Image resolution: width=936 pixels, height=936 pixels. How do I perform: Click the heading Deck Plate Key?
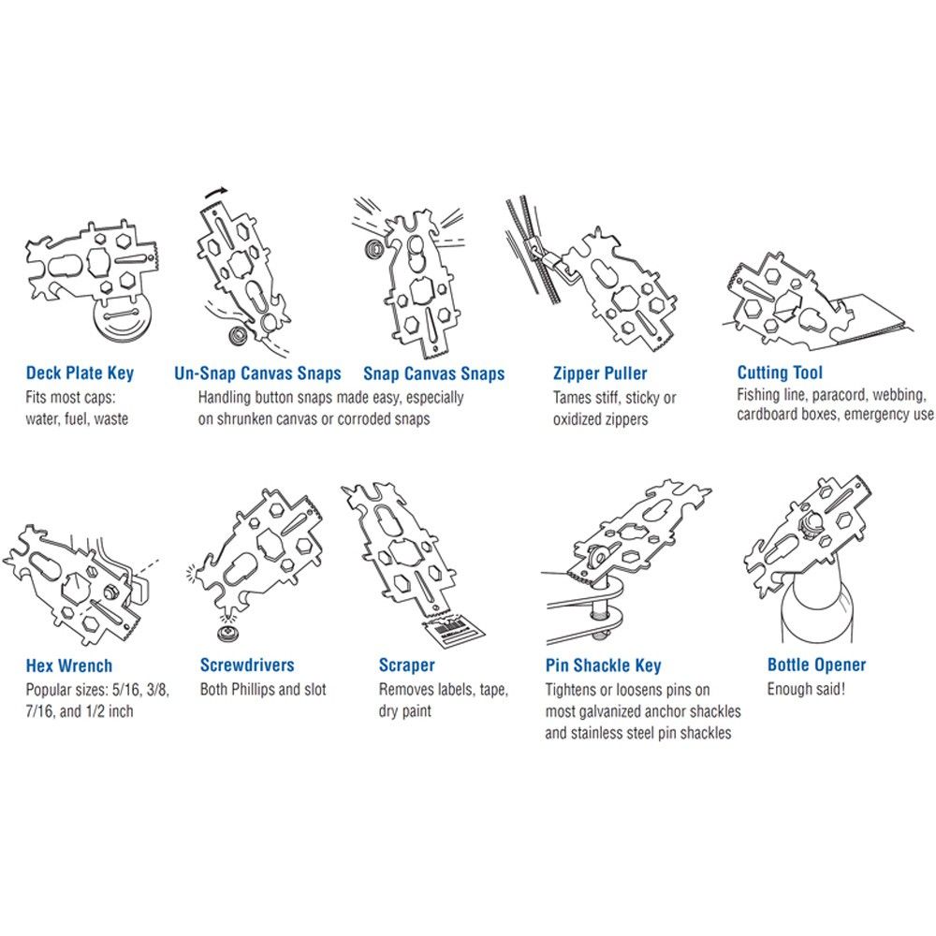80,373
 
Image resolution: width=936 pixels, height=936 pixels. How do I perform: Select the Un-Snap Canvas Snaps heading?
257,373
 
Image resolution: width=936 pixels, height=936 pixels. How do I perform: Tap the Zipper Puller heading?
600,373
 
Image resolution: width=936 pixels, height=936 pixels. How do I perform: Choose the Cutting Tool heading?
780,373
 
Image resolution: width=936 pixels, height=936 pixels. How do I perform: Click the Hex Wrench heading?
68,665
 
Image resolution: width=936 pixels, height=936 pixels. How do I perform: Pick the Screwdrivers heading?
247,665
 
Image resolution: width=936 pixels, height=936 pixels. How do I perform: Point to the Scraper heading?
406,665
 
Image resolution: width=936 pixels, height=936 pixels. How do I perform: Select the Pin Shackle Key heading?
603,665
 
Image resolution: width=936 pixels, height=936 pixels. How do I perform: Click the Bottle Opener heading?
816,665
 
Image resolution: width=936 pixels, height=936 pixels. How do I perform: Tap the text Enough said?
806,689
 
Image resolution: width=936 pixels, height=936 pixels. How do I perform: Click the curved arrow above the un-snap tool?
216,192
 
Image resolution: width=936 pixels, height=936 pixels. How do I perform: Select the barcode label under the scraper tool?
453,632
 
